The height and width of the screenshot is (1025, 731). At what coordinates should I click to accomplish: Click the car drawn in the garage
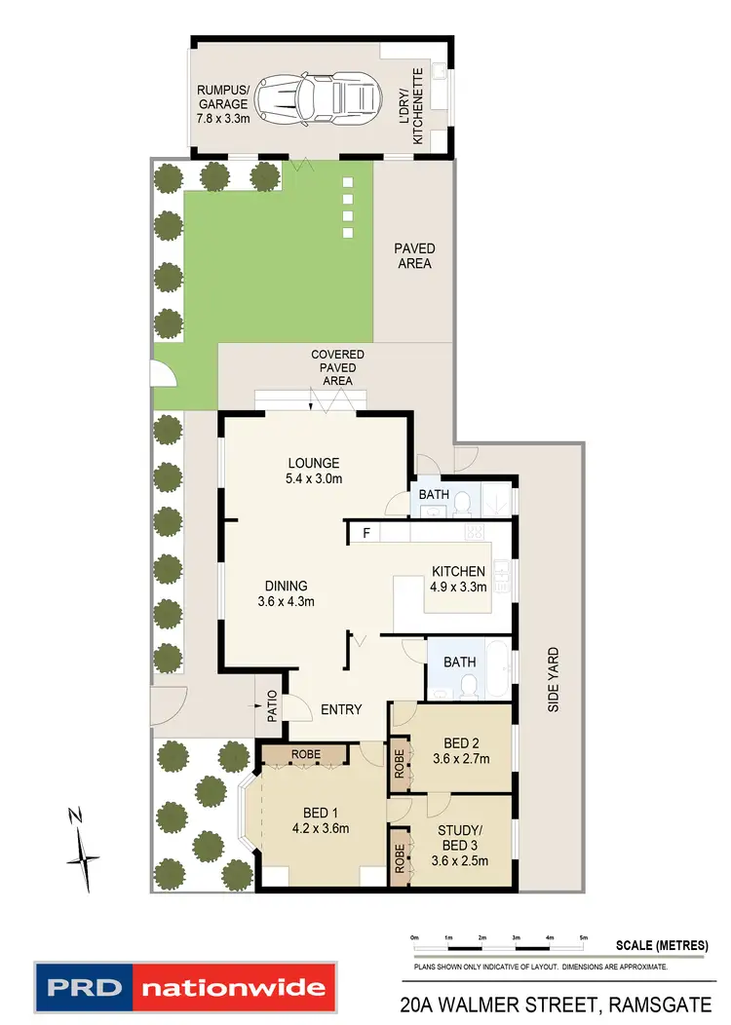pos(328,97)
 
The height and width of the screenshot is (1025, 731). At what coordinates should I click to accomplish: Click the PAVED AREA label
pos(414,256)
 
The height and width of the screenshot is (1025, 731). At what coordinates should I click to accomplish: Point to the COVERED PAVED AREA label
pos(337,367)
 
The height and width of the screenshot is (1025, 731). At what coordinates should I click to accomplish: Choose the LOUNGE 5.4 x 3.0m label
pos(313,471)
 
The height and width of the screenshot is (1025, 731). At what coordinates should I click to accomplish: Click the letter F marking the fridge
pos(366,533)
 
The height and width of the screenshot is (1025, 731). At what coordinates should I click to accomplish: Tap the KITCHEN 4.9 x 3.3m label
pos(458,579)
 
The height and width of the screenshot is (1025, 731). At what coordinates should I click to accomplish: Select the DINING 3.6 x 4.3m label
pos(286,593)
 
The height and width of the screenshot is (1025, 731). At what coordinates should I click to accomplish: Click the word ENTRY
pos(341,709)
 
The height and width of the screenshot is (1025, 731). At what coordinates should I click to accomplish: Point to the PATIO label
pos(273,707)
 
